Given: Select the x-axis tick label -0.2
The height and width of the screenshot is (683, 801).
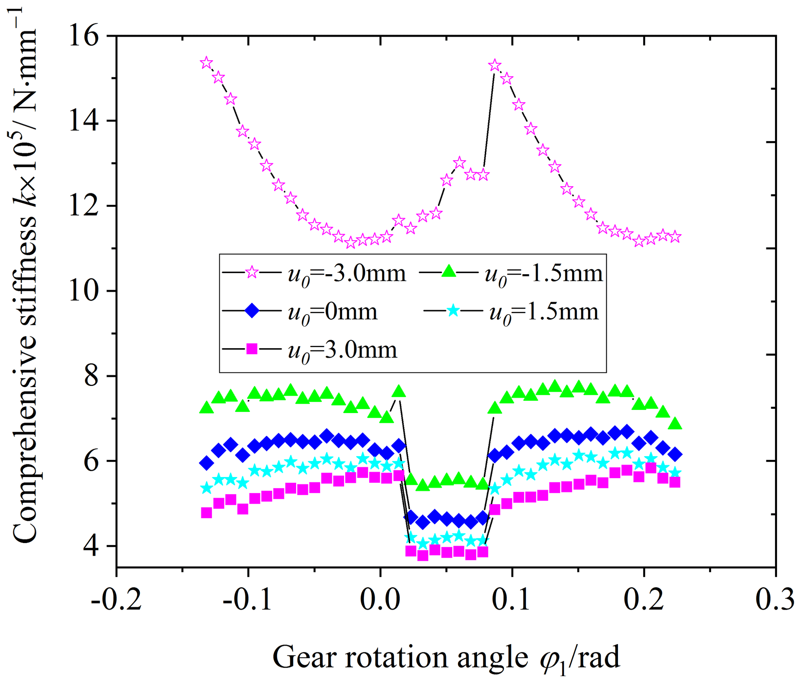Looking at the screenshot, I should point(116,600).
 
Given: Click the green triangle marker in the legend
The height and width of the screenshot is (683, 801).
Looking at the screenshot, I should point(449,271).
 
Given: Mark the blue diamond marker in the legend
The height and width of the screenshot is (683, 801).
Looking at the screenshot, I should point(252,311).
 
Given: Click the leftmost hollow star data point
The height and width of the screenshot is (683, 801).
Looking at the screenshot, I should point(206,63).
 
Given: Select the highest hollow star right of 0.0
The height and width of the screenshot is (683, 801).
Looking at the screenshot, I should point(494,65).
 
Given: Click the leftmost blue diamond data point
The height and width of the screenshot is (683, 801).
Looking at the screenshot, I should point(206,463).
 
